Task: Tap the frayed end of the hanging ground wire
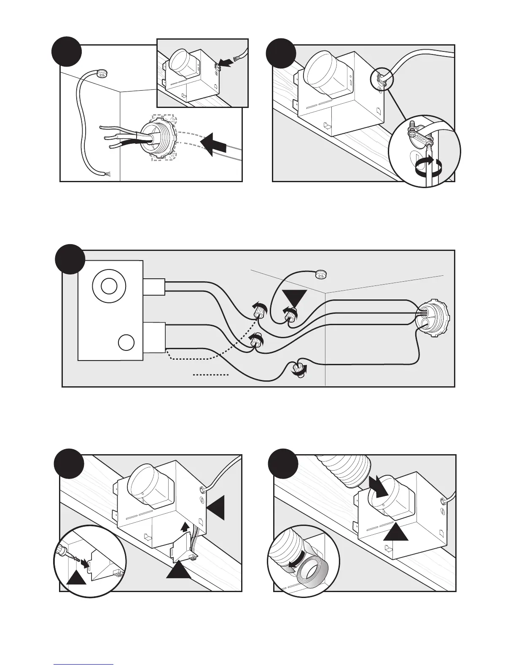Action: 106,173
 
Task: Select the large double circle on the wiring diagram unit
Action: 109,287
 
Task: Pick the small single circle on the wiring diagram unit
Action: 125,342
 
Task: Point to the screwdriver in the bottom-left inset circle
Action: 64,550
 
